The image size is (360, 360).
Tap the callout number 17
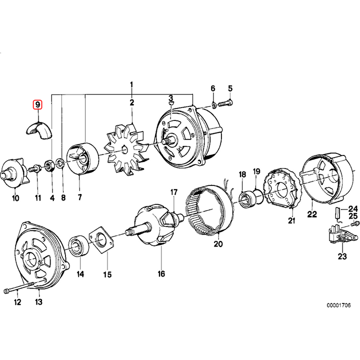tap(174, 192)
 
